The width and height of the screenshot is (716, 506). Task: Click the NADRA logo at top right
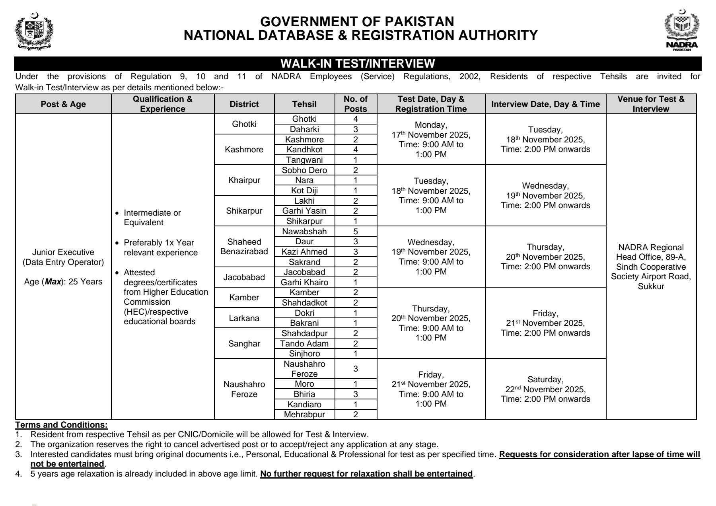pos(681,31)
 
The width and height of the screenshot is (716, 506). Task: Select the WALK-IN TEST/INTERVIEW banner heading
pos(358,64)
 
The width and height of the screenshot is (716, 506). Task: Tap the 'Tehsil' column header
pos(304,104)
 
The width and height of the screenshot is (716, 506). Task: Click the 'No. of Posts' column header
pos(356,104)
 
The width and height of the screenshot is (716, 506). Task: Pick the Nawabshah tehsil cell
pos(304,232)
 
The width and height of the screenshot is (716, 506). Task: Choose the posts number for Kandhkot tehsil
pos(356,150)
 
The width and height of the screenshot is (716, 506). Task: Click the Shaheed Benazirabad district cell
pos(244,247)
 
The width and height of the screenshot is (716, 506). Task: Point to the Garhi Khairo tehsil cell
pos(304,282)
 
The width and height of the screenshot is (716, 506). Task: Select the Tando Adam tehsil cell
pos(304,344)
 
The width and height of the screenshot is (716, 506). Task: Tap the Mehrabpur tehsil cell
pos(304,415)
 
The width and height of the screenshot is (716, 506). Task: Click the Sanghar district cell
pos(244,344)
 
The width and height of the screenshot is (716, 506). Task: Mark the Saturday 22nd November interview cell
pos(545,389)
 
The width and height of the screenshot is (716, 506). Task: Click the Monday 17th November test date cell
pos(431,139)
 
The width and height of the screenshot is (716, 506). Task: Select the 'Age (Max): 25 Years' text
pos(63,282)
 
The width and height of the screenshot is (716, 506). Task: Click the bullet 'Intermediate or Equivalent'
pos(152,218)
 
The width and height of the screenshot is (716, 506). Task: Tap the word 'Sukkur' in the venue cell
pos(651,286)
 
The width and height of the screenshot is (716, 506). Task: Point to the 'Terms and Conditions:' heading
pos(61,425)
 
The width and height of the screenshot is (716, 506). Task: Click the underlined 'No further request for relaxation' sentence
pos(366,474)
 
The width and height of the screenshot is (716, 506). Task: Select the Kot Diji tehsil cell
pos(304,191)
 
